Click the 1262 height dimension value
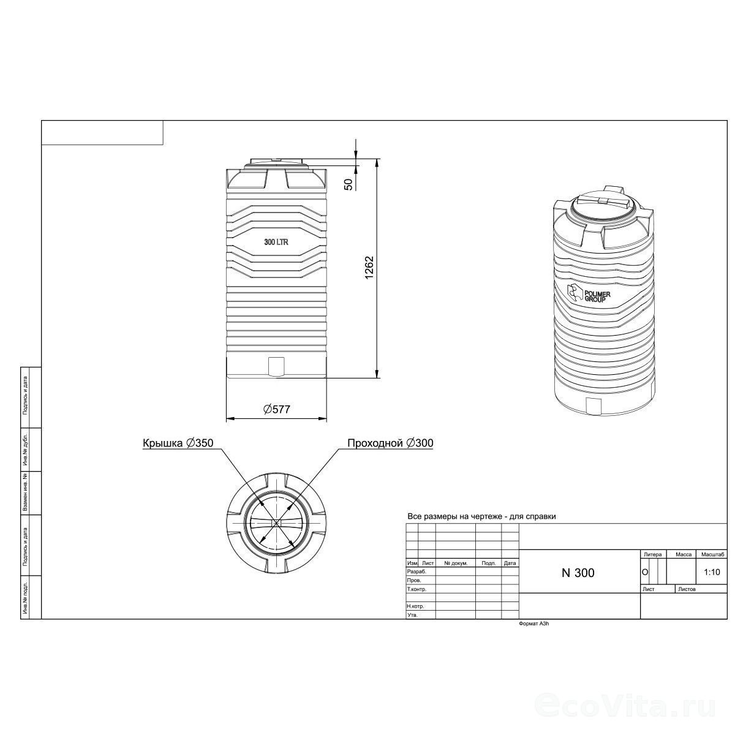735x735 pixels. coord(369,268)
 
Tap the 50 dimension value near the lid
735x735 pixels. coord(349,184)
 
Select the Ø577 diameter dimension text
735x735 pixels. coord(276,409)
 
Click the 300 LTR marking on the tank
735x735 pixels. coord(276,242)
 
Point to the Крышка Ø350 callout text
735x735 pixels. coord(178,443)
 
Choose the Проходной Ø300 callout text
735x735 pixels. coord(390,443)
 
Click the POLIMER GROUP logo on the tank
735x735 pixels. coord(588,294)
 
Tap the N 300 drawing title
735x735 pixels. coord(578,573)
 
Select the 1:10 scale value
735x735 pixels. coord(712,572)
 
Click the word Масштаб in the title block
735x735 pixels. coord(712,554)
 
